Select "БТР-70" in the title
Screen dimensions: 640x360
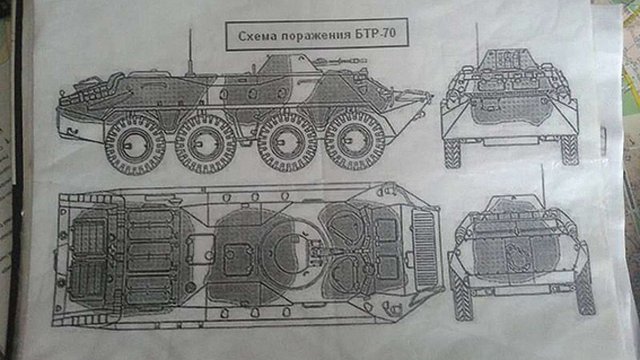click(x=375, y=33)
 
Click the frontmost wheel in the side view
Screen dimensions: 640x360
click(x=354, y=140)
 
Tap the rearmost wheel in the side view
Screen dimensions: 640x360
click(x=135, y=145)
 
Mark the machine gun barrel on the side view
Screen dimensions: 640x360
click(x=342, y=62)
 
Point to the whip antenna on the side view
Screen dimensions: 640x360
click(x=190, y=52)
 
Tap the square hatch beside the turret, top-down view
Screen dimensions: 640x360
click(x=238, y=260)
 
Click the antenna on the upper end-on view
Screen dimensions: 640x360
click(x=477, y=44)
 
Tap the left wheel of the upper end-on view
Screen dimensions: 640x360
click(x=452, y=153)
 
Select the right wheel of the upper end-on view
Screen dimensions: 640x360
click(x=570, y=150)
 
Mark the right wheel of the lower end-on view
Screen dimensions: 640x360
click(x=585, y=291)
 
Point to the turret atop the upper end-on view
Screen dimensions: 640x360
click(x=507, y=60)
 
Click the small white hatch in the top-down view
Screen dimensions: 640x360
click(x=200, y=249)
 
